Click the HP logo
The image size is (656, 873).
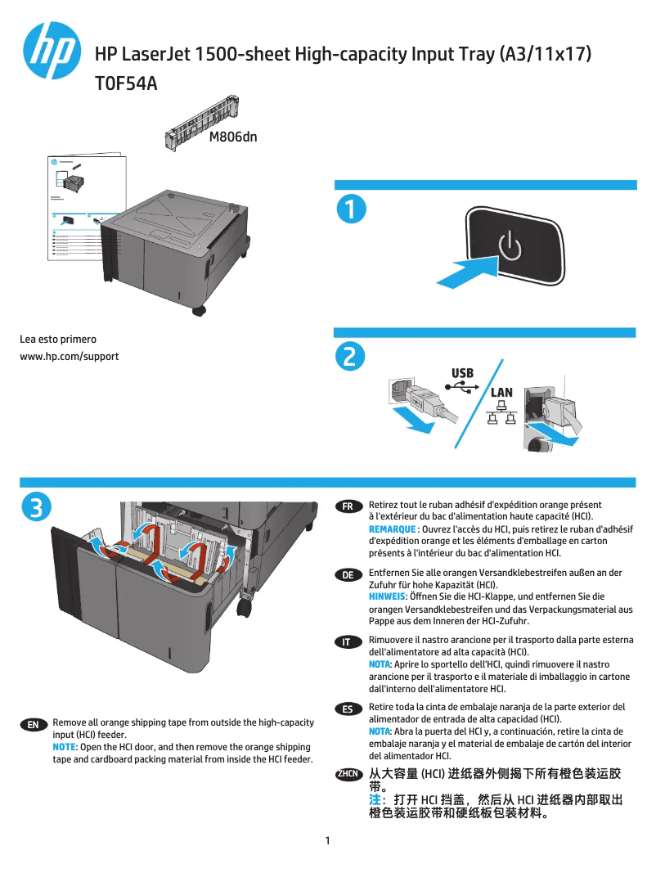[x=52, y=51]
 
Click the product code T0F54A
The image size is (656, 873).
[x=126, y=83]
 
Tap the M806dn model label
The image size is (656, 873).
[x=233, y=137]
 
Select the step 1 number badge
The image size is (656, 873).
[x=349, y=209]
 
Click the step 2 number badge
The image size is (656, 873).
[x=349, y=357]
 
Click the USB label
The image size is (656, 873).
[x=462, y=374]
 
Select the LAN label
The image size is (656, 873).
[x=501, y=393]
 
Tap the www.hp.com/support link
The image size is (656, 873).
[x=70, y=356]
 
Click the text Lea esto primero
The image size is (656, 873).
[x=58, y=339]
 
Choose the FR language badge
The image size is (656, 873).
[x=348, y=506]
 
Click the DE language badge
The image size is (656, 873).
[x=348, y=575]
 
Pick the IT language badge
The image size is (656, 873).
[x=348, y=641]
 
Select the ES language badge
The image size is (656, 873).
[x=348, y=709]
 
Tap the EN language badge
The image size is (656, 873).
[x=33, y=725]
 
